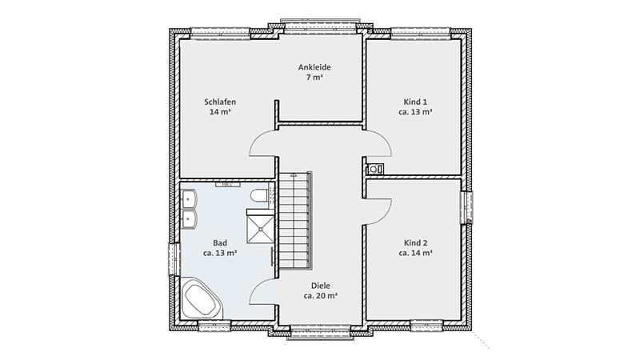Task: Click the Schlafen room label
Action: click(220, 102)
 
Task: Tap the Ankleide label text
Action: click(314, 67)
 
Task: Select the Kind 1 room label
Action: click(415, 102)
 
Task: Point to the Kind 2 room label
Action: click(415, 243)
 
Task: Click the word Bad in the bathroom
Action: click(220, 243)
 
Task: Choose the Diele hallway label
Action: click(321, 286)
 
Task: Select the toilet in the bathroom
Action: click(258, 196)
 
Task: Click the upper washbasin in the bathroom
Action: click(189, 199)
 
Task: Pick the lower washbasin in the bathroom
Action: click(189, 218)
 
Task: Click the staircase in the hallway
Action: click(294, 221)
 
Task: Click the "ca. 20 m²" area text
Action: click(321, 296)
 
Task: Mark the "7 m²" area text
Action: click(314, 77)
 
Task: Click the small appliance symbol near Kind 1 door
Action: click(374, 169)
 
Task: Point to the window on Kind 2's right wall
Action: click(466, 207)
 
